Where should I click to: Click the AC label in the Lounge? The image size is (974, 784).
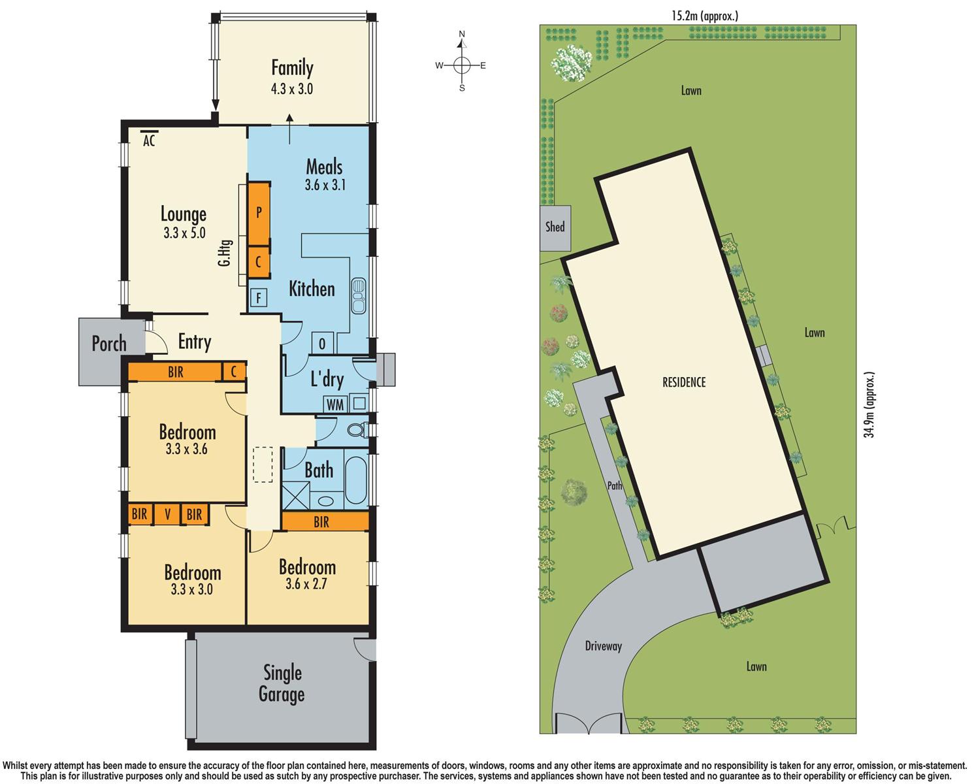pos(149,140)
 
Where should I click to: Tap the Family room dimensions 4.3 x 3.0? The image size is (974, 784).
pos(292,89)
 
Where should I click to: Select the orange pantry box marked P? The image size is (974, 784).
pos(259,213)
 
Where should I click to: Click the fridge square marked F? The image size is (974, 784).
pos(259,298)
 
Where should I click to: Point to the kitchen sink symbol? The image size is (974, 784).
pos(359,295)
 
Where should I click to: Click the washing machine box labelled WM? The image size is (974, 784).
pos(335,404)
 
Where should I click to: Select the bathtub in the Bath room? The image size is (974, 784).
pos(356,480)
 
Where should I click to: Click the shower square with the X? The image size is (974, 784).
pos(296,495)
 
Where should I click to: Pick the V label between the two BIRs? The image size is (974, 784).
pos(167,514)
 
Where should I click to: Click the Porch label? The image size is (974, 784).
pos(109,344)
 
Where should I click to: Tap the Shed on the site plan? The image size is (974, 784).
pos(555,227)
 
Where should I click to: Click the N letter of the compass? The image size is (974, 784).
pos(462,34)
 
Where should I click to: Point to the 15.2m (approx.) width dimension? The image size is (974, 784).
pos(705,16)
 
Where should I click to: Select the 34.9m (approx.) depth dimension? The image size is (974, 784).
pos(869,404)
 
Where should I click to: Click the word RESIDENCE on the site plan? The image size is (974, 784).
pos(684,382)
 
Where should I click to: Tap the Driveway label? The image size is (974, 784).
pos(604,646)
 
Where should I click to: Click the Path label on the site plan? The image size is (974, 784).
pos(615,485)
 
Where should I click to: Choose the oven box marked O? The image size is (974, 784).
pos(322,343)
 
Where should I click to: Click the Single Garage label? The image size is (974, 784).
pos(282,683)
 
